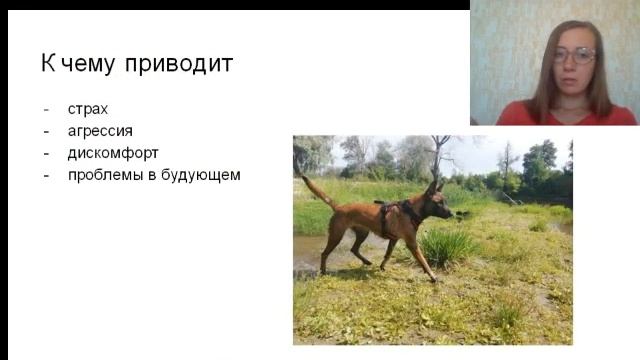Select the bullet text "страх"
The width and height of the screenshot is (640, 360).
click(x=88, y=108)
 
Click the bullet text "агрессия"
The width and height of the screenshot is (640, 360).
click(x=100, y=130)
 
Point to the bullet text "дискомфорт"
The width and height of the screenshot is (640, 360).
click(x=113, y=153)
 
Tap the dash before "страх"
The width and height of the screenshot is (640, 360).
click(x=46, y=109)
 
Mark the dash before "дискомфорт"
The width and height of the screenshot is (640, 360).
click(x=46, y=153)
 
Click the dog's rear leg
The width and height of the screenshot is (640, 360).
click(x=332, y=246)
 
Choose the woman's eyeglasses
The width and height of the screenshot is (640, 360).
click(x=574, y=56)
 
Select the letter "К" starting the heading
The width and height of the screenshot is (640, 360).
click(x=47, y=65)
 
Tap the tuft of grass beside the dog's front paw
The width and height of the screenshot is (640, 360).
click(x=448, y=246)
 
